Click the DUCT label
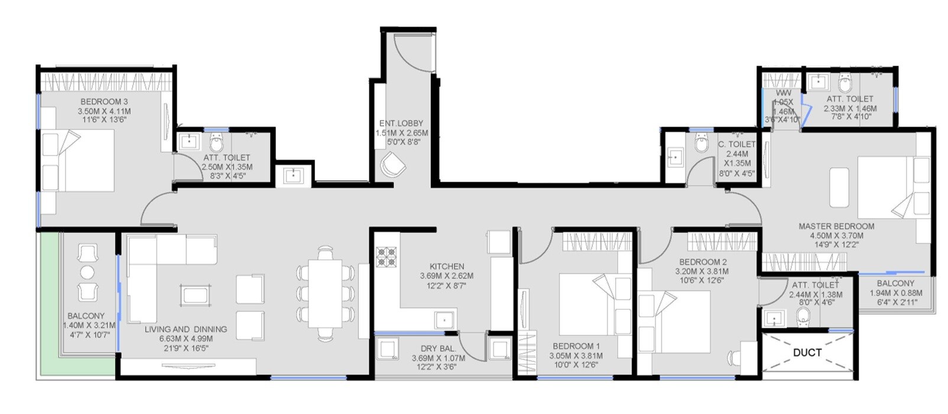[807, 352]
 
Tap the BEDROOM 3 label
[104, 102]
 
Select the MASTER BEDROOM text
[836, 226]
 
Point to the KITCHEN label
[447, 266]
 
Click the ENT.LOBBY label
[401, 124]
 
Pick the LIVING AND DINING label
[186, 329]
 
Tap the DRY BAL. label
[438, 349]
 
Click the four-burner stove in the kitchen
[386, 257]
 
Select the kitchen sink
[444, 320]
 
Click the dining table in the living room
[326, 294]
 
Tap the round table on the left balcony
[87, 273]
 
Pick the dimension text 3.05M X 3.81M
[576, 356]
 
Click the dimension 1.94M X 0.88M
[895, 293]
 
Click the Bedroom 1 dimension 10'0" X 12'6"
[576, 366]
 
